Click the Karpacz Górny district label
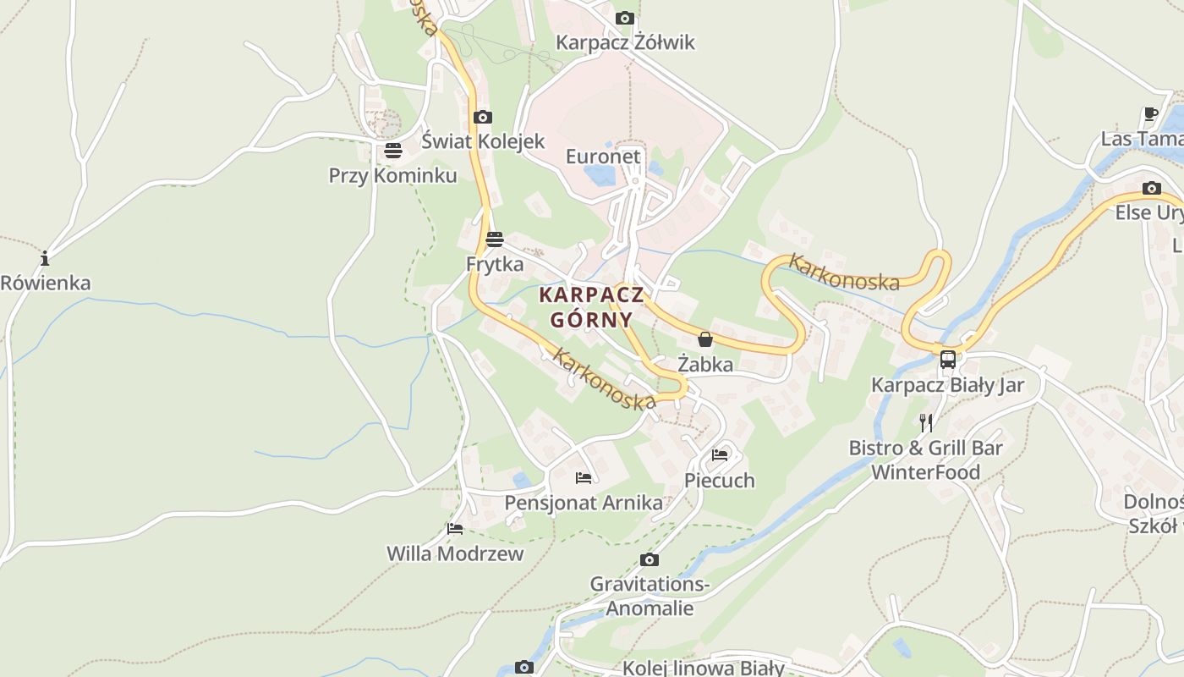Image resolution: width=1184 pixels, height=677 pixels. click(591, 307)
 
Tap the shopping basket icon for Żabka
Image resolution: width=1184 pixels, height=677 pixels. click(705, 340)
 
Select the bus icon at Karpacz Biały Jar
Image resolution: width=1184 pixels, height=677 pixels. click(947, 360)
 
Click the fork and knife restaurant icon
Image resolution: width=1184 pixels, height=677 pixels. click(926, 422)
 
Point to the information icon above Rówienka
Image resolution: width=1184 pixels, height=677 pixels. click(45, 258)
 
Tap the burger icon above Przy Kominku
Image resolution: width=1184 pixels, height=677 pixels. click(392, 151)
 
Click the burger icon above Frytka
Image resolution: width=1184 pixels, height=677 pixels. click(495, 239)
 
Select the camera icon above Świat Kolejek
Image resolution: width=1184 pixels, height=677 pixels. click(483, 117)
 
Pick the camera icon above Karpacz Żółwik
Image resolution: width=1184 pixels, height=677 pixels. click(625, 18)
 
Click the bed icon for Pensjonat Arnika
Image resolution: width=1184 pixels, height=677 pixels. click(584, 478)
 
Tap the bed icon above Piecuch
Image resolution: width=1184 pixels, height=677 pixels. click(720, 454)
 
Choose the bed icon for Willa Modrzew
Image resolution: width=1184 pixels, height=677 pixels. click(455, 530)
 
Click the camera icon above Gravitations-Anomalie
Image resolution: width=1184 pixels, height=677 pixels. click(649, 559)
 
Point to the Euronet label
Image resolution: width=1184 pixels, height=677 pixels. click(603, 157)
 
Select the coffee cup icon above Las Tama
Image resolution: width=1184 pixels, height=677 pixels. click(1150, 113)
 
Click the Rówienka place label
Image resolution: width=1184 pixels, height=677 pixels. click(46, 283)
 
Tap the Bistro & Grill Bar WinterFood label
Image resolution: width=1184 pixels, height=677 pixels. click(925, 460)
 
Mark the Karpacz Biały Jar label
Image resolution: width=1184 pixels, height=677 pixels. click(947, 386)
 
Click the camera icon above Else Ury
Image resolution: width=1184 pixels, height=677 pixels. click(1151, 188)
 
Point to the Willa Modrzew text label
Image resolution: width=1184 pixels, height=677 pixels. click(455, 553)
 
